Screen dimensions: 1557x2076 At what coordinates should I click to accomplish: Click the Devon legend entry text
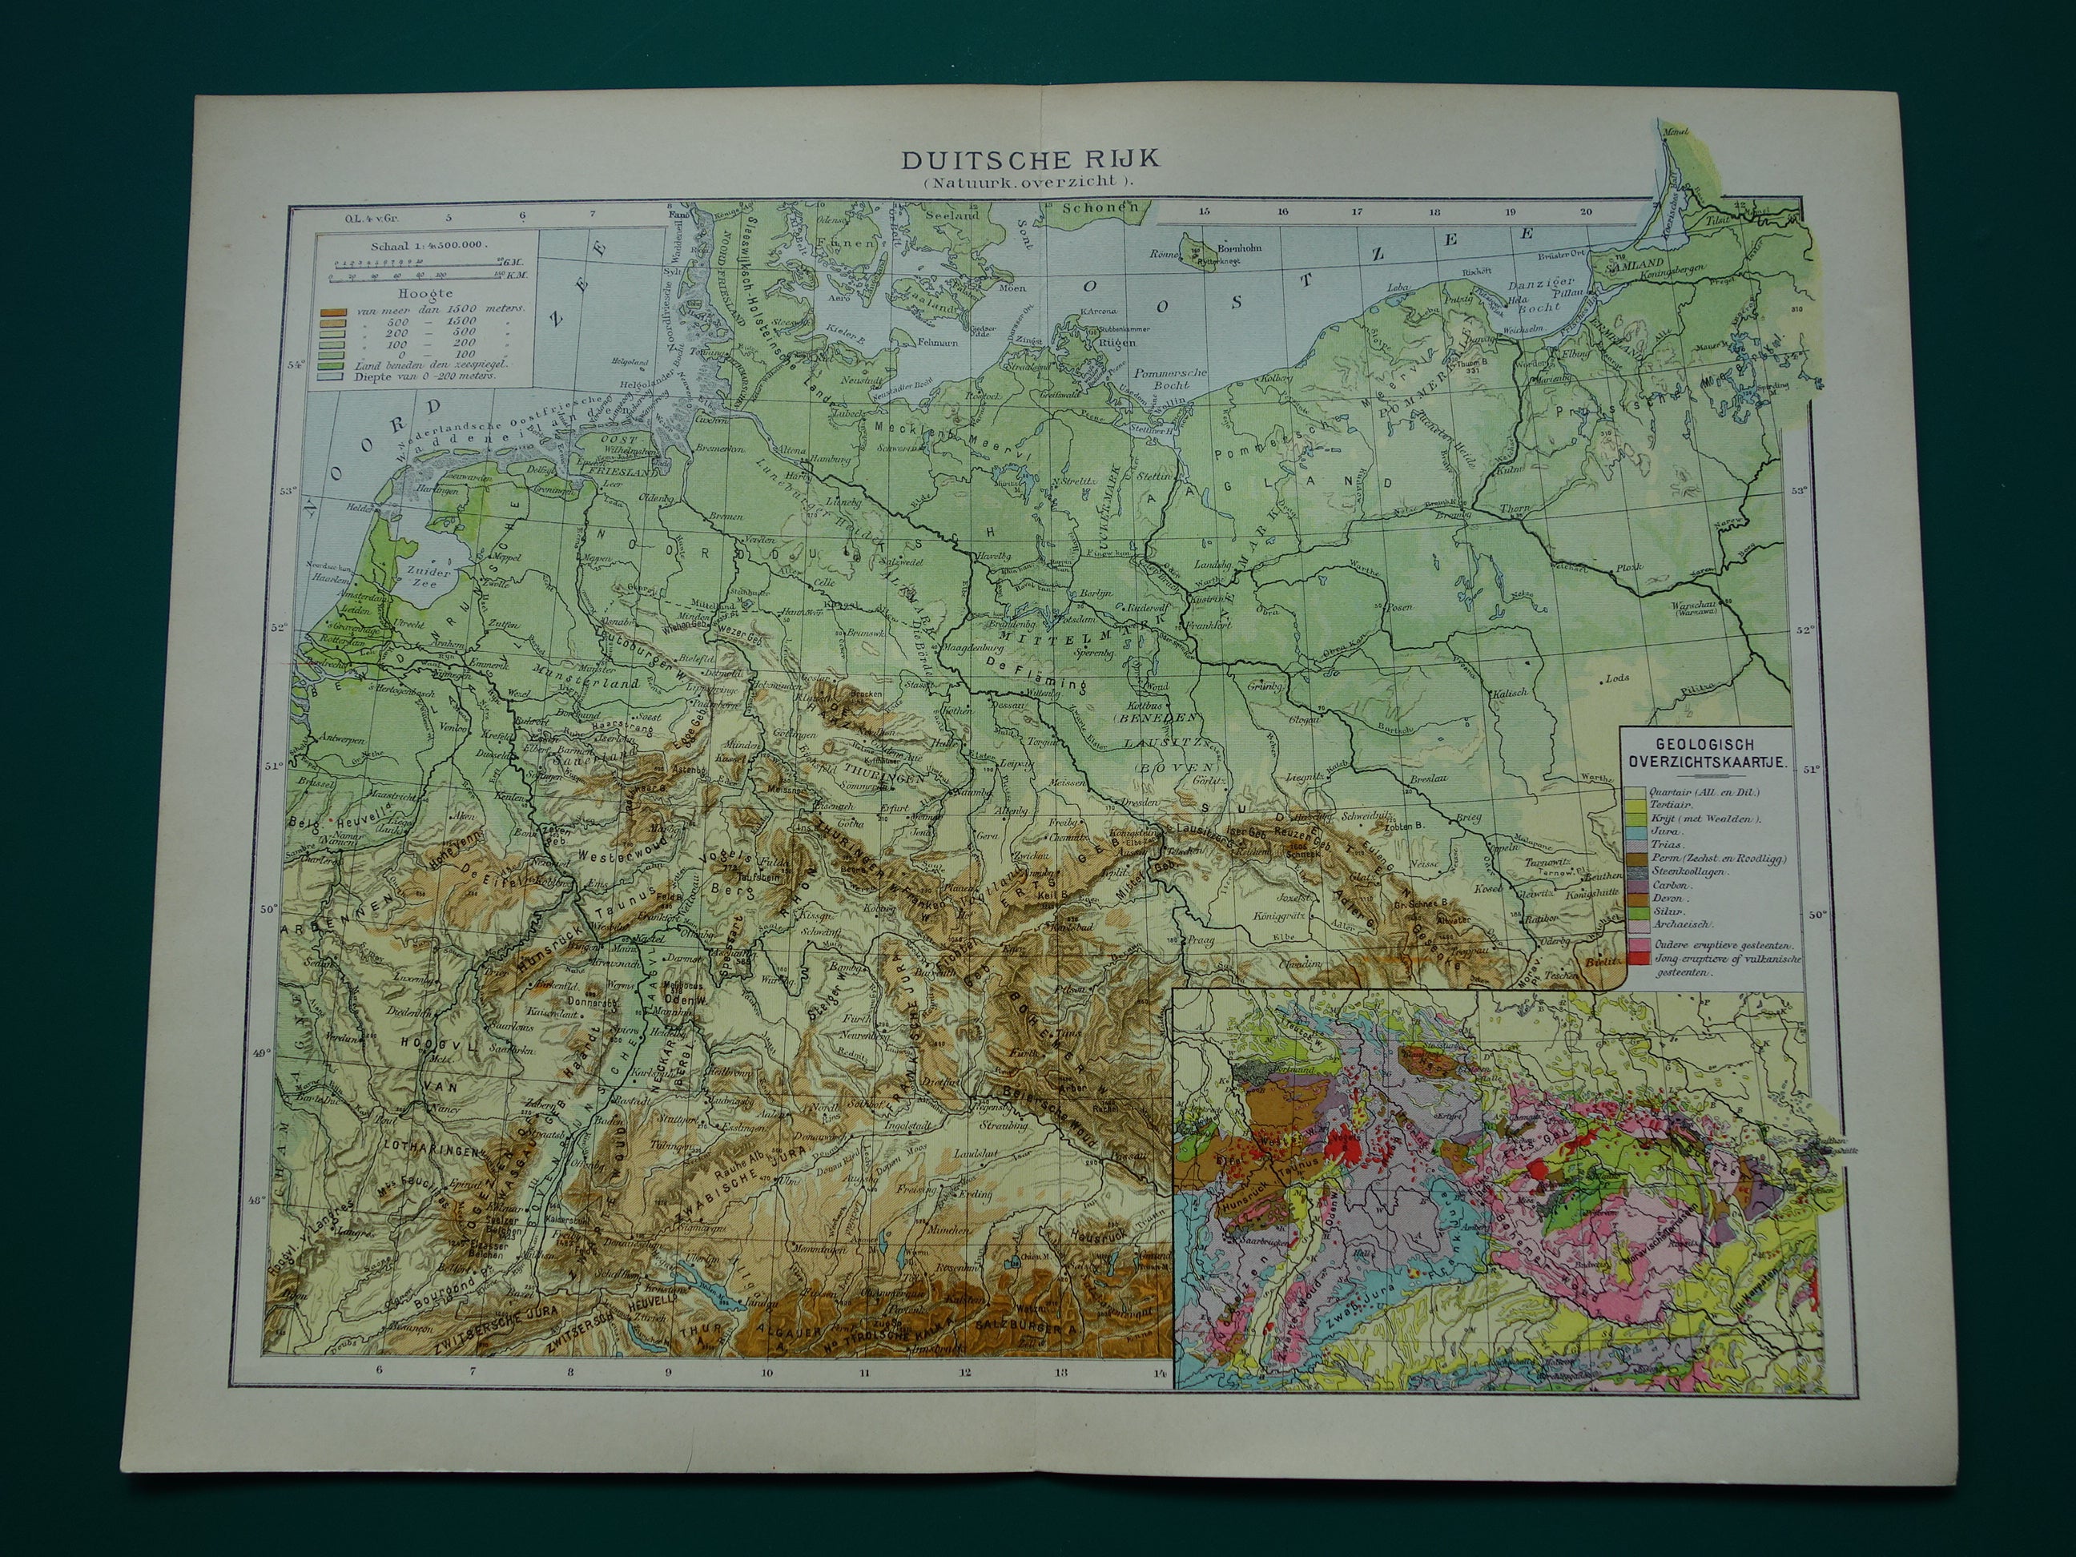coord(1661,897)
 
